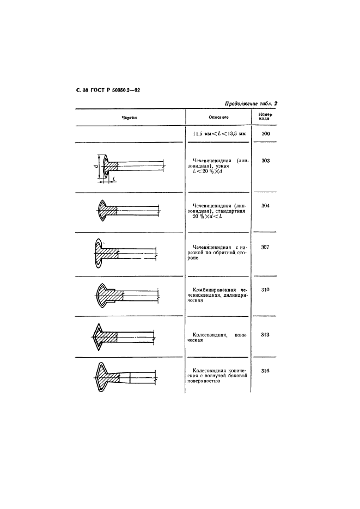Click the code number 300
pos(266,134)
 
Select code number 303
pos(266,161)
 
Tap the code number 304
pos(266,206)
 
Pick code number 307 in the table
pos(265,247)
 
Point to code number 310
pos(265,290)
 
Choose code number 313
pos(265,335)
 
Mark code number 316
pos(265,371)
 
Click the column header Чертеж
pos(130,118)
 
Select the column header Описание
pos(218,117)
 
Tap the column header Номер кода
pos(265,116)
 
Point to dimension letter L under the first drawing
pos(114,179)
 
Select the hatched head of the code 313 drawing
pos(106,336)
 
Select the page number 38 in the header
pos(86,90)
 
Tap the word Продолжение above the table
pos(241,104)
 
